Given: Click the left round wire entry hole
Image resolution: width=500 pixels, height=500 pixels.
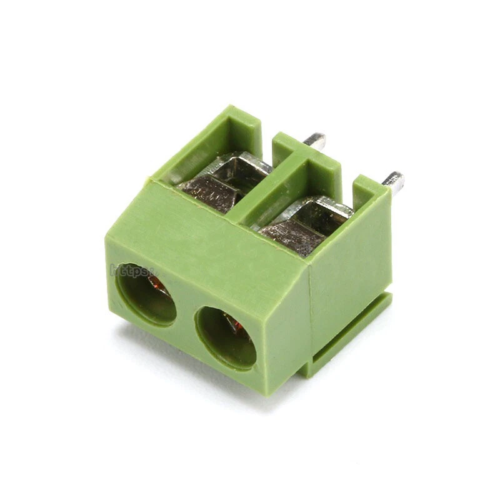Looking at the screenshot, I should (x=146, y=294).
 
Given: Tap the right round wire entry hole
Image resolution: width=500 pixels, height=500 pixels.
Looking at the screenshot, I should (x=226, y=337).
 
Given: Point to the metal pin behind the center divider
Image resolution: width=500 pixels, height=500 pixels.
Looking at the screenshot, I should (x=315, y=141).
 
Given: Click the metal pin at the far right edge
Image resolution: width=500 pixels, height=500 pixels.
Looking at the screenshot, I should (x=394, y=181).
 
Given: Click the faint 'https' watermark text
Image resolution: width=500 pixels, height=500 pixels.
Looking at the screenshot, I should (x=132, y=271).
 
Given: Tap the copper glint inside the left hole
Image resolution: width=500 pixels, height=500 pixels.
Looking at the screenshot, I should (x=159, y=286).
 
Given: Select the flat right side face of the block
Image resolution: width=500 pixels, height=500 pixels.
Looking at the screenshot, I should (x=350, y=269).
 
